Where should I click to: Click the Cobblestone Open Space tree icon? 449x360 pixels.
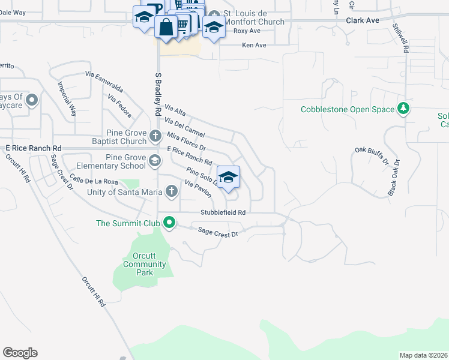pyautogui.click(x=405, y=109)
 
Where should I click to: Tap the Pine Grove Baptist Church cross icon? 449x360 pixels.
pyautogui.click(x=155, y=136)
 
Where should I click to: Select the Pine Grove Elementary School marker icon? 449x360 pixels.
pyautogui.click(x=155, y=160)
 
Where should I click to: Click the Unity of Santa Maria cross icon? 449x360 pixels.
pyautogui.click(x=172, y=191)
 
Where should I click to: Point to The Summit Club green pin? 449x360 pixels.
pyautogui.click(x=169, y=223)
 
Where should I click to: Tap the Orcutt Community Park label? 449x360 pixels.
pyautogui.click(x=144, y=264)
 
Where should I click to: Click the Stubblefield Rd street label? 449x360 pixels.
pyautogui.click(x=223, y=212)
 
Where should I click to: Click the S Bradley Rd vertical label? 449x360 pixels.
pyautogui.click(x=158, y=94)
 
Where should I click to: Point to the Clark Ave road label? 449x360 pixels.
pyautogui.click(x=363, y=20)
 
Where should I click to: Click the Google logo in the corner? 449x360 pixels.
pyautogui.click(x=20, y=353)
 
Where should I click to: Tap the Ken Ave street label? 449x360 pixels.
pyautogui.click(x=254, y=45)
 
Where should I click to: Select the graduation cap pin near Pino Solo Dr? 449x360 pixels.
pyautogui.click(x=228, y=177)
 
